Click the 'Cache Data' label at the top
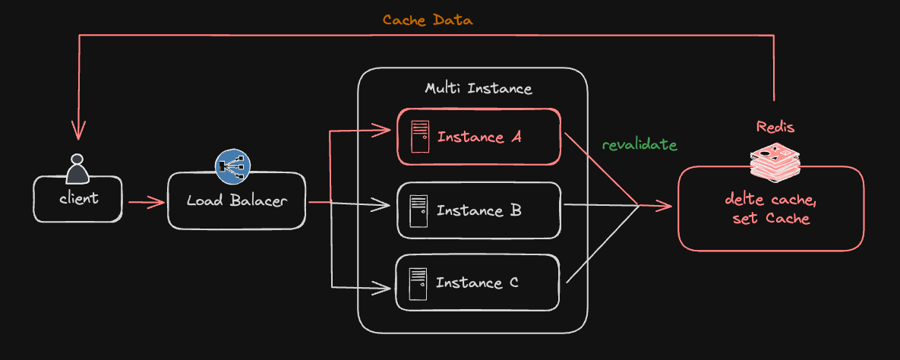coord(427,21)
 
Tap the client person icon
coord(77,169)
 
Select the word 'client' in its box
coord(78,198)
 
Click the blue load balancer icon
coord(232,166)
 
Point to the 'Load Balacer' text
coord(236,202)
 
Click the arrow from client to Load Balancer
coord(146,202)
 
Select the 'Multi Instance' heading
coord(478,88)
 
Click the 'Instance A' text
coord(481,137)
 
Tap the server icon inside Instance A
coord(418,137)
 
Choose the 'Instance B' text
coord(478,210)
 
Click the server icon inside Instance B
coord(417,210)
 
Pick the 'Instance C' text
coord(477,283)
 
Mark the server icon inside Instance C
coord(416,283)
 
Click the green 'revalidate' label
coord(639,144)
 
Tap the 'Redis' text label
coord(775,126)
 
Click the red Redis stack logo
coord(775,159)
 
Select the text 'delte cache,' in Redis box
coord(770,201)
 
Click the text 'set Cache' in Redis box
coord(770,219)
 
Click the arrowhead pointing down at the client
coord(78,132)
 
